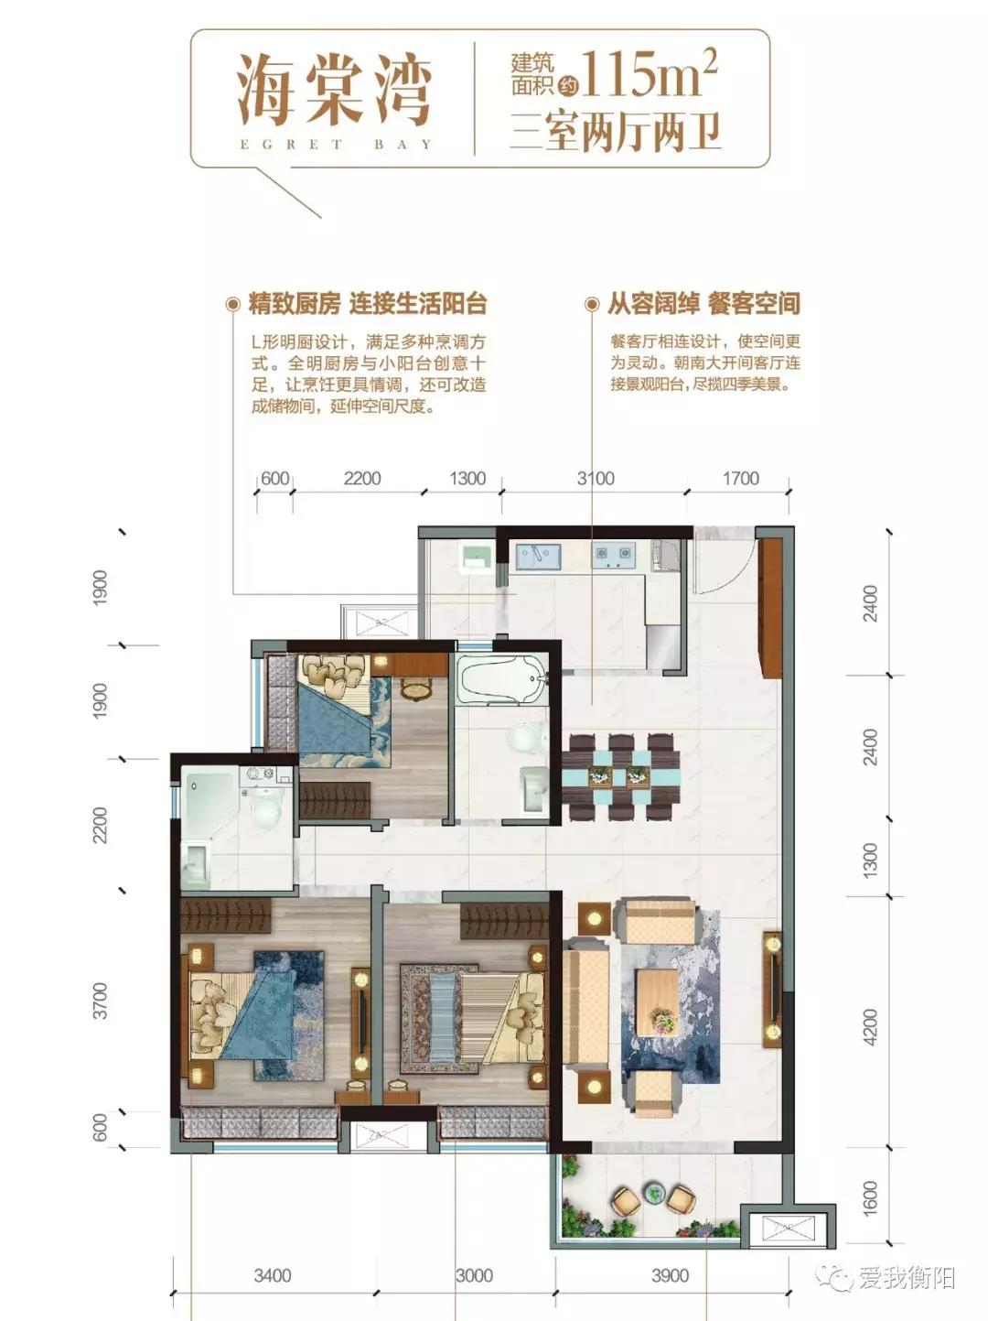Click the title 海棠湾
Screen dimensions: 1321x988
[x=334, y=89]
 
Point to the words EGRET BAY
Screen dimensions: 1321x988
[x=335, y=145]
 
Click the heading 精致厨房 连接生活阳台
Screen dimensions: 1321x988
[x=367, y=303]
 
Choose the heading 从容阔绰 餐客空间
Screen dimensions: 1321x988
[x=703, y=303]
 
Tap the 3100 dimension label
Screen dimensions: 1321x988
[x=595, y=478]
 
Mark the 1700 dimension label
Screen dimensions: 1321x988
[x=740, y=478]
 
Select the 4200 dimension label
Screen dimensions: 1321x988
[x=870, y=1027]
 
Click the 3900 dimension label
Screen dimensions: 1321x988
[x=670, y=1275]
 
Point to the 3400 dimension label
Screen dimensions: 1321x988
[x=273, y=1275]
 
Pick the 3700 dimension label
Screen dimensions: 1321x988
[x=101, y=1001]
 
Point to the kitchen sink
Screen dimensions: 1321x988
[x=537, y=556]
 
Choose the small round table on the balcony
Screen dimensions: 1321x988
[x=653, y=1193]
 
